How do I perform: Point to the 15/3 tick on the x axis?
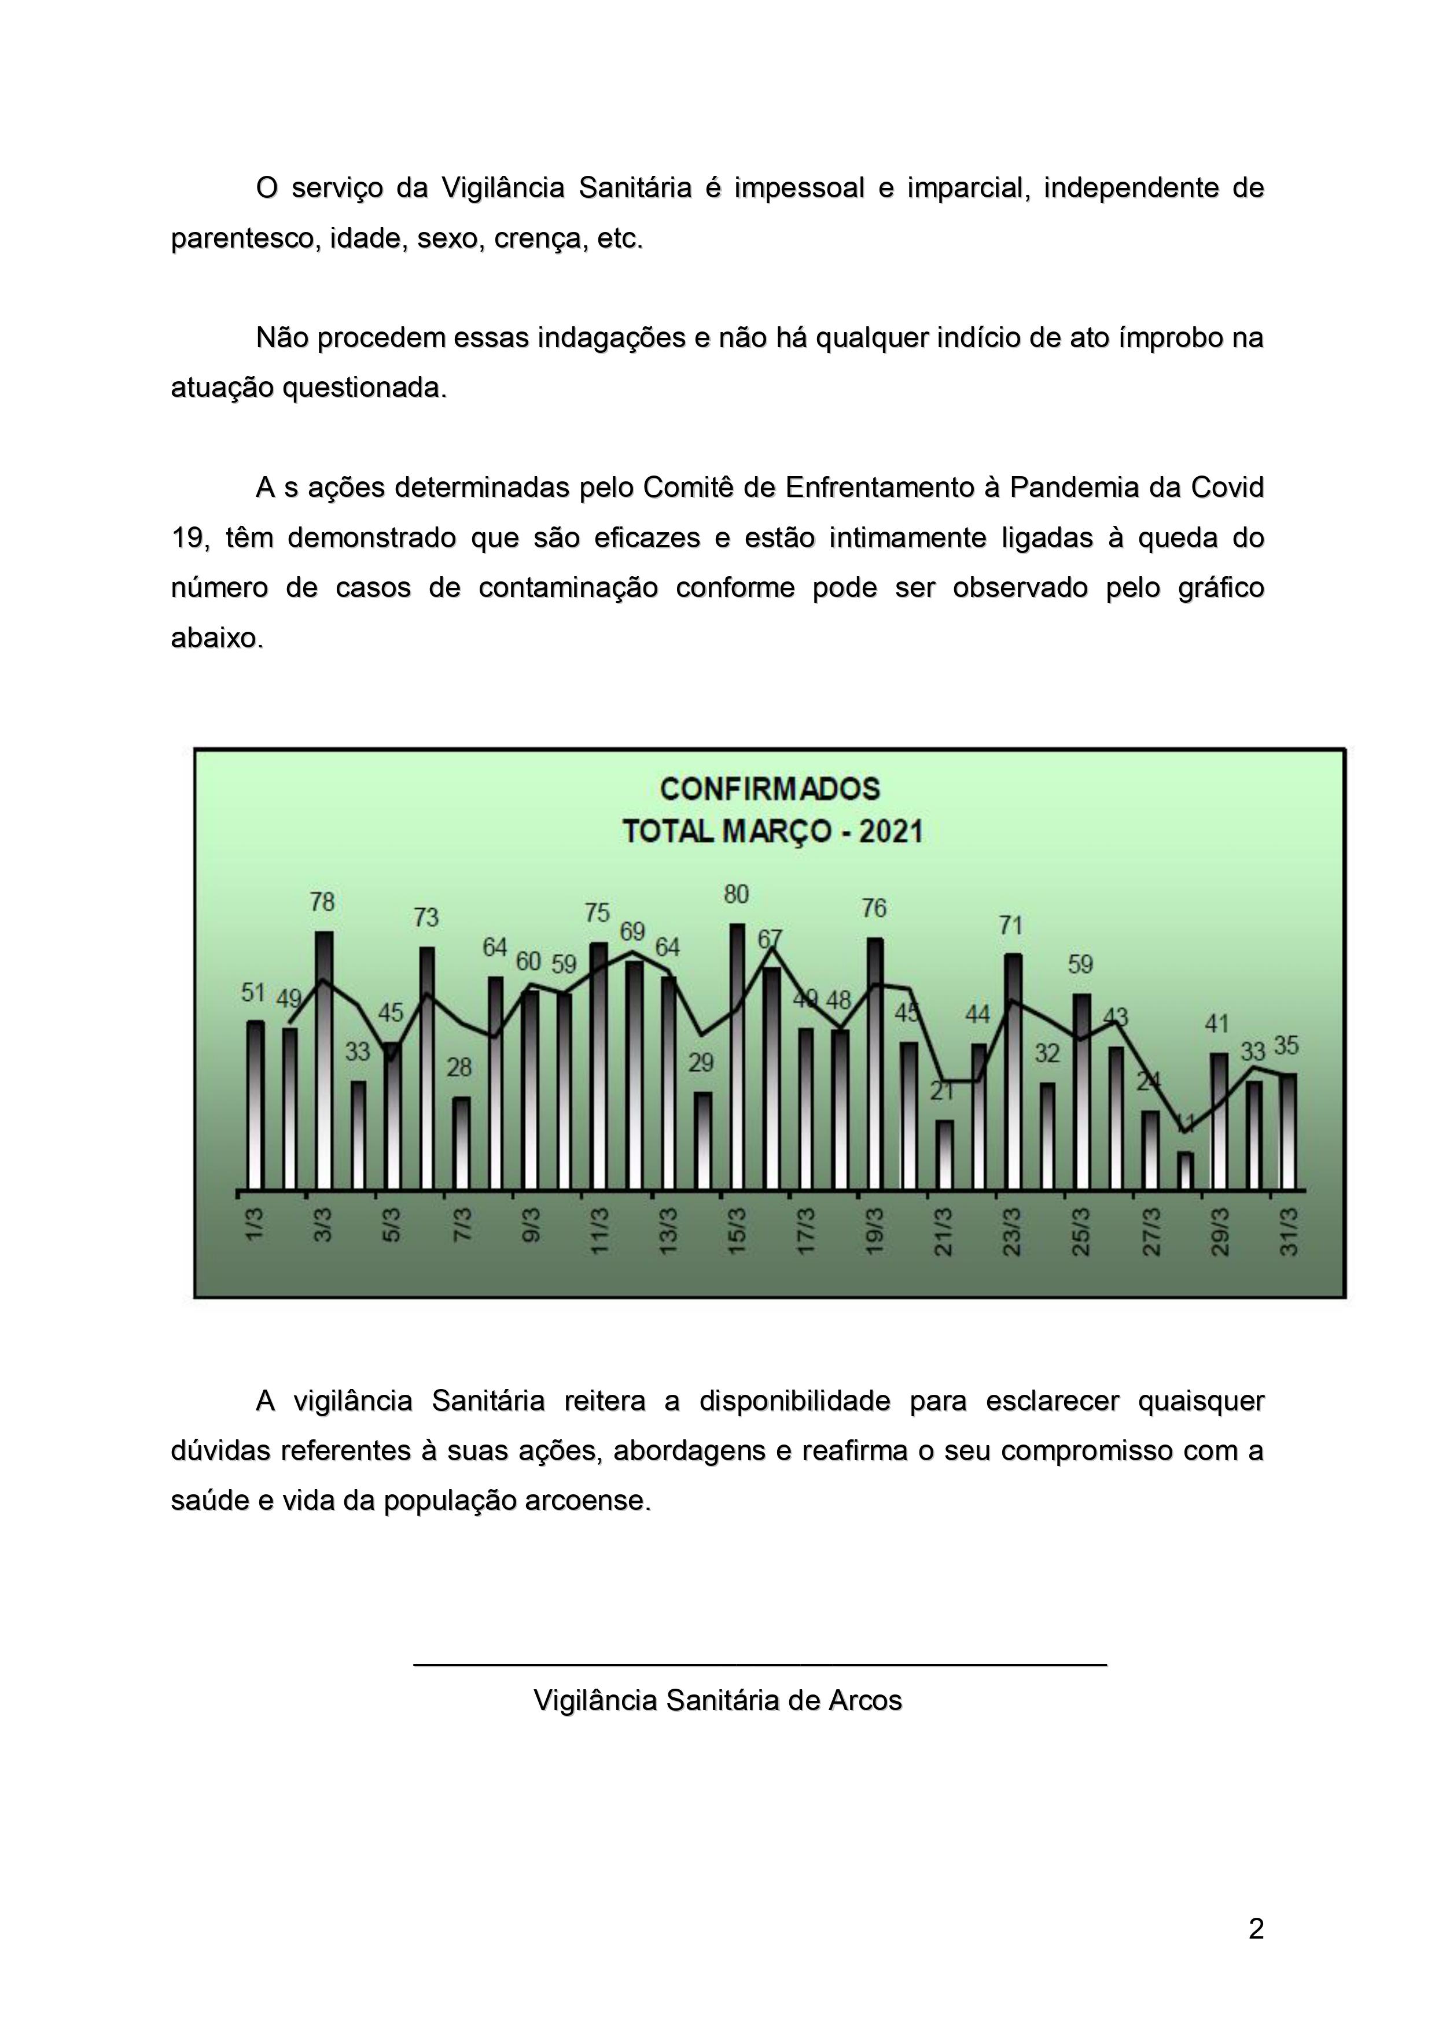[x=737, y=1232]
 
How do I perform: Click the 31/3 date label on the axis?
[x=1289, y=1232]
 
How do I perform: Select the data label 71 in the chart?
[x=1011, y=926]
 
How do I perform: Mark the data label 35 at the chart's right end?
[x=1286, y=1046]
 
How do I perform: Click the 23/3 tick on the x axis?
[x=1011, y=1232]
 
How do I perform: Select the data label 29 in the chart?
[x=701, y=1063]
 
